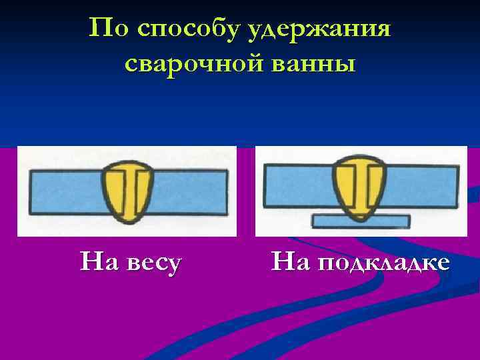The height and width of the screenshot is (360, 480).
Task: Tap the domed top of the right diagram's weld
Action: tap(361, 163)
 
